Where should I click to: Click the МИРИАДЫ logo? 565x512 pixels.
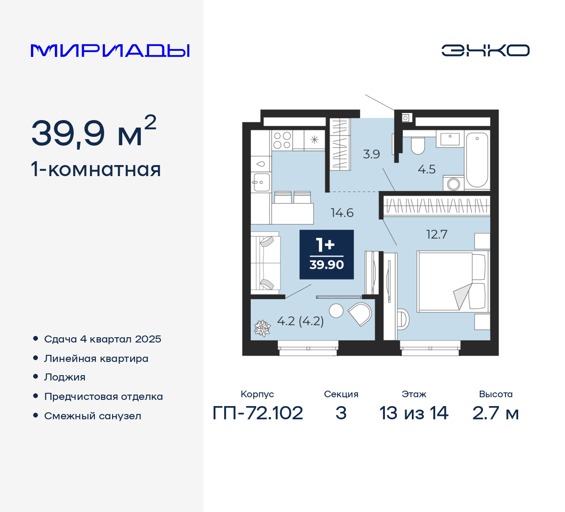tap(110, 51)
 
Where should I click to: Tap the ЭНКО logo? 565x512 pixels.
tap(485, 50)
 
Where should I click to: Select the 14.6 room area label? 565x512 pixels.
tap(342, 213)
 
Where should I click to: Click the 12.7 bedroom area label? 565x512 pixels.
tap(437, 234)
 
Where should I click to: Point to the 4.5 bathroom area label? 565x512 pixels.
tap(426, 169)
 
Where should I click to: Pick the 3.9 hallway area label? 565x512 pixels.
tap(371, 154)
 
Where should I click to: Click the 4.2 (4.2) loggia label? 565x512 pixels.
tap(300, 321)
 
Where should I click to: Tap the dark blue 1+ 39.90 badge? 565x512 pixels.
tap(327, 255)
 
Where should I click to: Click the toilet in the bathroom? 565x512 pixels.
tap(418, 145)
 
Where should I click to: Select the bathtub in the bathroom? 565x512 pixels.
tap(477, 159)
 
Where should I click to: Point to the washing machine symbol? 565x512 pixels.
tap(454, 183)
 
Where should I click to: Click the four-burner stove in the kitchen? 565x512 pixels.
tap(282, 140)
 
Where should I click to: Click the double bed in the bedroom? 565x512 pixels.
tap(453, 281)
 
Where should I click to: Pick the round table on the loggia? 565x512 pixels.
tap(336, 311)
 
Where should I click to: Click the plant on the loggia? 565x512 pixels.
tap(262, 328)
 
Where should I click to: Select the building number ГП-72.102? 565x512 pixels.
tap(258, 413)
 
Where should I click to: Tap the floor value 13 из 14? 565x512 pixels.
tap(414, 413)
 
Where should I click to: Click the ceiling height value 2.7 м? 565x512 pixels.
tap(495, 413)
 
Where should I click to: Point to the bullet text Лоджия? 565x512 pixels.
tap(65, 377)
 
